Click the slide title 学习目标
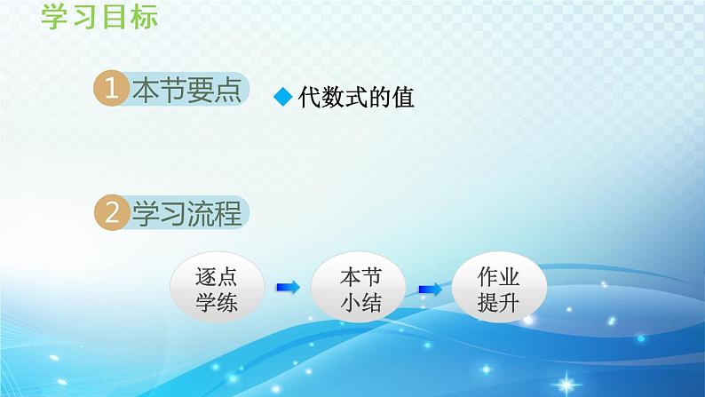click(x=99, y=16)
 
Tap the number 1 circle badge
click(x=111, y=91)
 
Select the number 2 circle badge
click(x=111, y=213)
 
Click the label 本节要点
click(x=186, y=91)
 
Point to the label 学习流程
click(x=186, y=213)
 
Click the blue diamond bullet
click(x=282, y=99)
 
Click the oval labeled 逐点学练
click(x=216, y=289)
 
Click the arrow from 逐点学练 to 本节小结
click(x=288, y=287)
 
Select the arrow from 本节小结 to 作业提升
click(x=430, y=288)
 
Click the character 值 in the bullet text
click(x=402, y=98)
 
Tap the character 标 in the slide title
click(x=143, y=16)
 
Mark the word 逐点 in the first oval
click(x=216, y=275)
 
